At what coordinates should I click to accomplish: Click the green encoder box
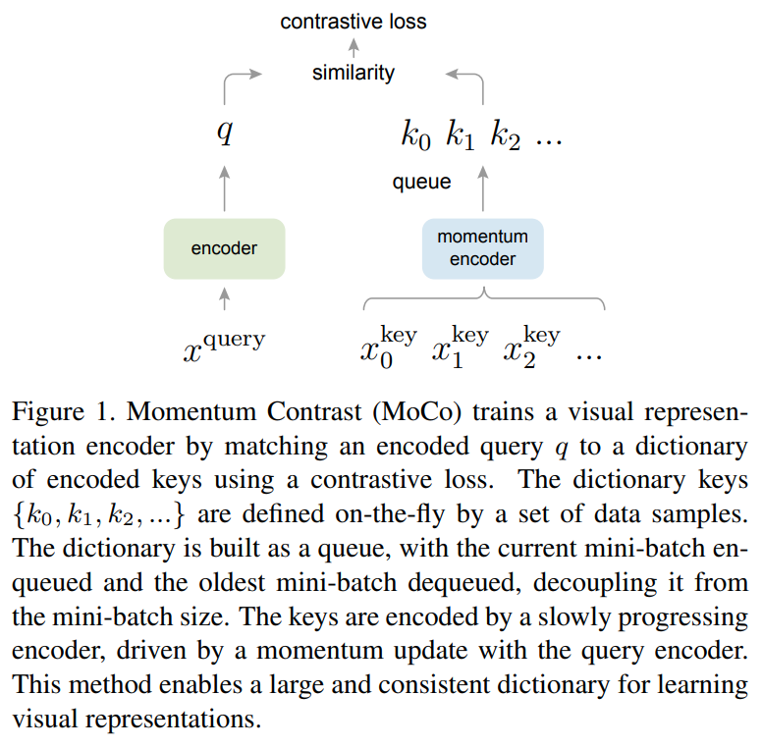point(224,248)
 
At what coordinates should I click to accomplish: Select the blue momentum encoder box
point(482,248)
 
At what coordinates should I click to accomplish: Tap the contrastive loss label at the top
point(354,22)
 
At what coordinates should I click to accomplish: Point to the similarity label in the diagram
point(354,73)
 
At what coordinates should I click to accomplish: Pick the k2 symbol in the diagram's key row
point(506,136)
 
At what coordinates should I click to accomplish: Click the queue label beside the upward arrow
point(421,182)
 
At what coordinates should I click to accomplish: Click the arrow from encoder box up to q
point(225,187)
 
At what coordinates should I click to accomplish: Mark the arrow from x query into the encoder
point(225,298)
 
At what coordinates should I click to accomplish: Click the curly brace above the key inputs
point(483,295)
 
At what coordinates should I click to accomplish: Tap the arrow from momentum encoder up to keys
point(482,187)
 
